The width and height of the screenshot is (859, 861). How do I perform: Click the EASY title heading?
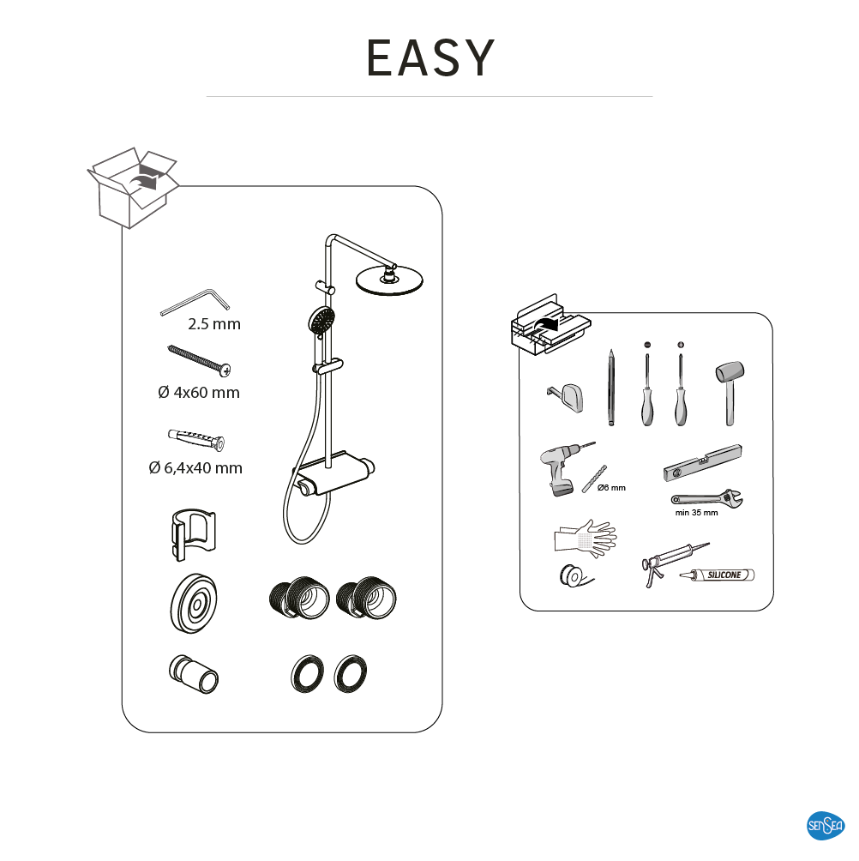430,57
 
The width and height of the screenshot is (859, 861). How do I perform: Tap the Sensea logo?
826,825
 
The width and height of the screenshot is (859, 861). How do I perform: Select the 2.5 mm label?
214,324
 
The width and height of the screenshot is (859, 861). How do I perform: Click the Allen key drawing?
195,302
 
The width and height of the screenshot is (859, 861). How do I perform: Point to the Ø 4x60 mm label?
199,393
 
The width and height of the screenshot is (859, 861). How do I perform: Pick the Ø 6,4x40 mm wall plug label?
195,468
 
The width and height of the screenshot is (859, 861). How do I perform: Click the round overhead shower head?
390,280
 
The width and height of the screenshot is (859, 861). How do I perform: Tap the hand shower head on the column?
321,321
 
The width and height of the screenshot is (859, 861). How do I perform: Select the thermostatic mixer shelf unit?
333,474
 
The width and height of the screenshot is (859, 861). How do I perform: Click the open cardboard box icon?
133,187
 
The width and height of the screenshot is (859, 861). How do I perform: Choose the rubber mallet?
730,392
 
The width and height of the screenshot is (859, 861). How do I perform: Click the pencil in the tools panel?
611,387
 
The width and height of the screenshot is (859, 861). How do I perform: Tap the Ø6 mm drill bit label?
611,488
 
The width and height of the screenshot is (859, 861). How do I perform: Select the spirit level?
703,463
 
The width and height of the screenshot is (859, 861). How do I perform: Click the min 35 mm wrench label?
696,513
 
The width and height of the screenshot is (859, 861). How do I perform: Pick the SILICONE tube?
718,575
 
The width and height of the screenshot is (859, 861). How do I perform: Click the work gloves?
586,538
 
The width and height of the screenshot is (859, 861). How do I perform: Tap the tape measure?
566,398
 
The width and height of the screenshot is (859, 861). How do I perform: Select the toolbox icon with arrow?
550,324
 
